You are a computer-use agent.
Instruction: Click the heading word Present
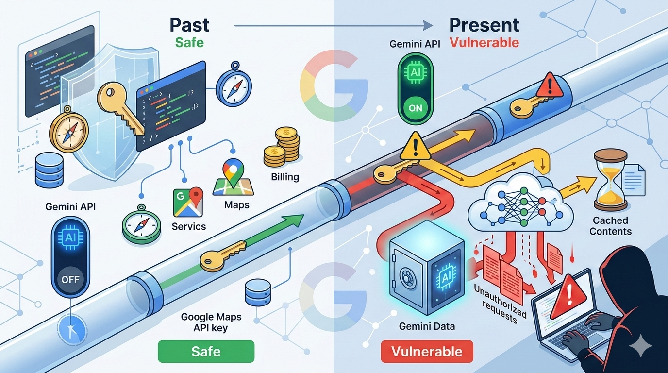click(x=484, y=25)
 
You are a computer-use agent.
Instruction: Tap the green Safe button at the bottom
click(x=206, y=351)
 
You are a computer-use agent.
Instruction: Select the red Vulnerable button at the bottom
click(x=427, y=351)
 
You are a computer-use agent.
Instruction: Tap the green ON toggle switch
click(x=415, y=108)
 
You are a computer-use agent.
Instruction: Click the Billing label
click(x=285, y=177)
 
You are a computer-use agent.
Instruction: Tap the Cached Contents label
click(x=610, y=226)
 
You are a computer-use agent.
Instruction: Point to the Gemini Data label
click(x=427, y=326)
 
